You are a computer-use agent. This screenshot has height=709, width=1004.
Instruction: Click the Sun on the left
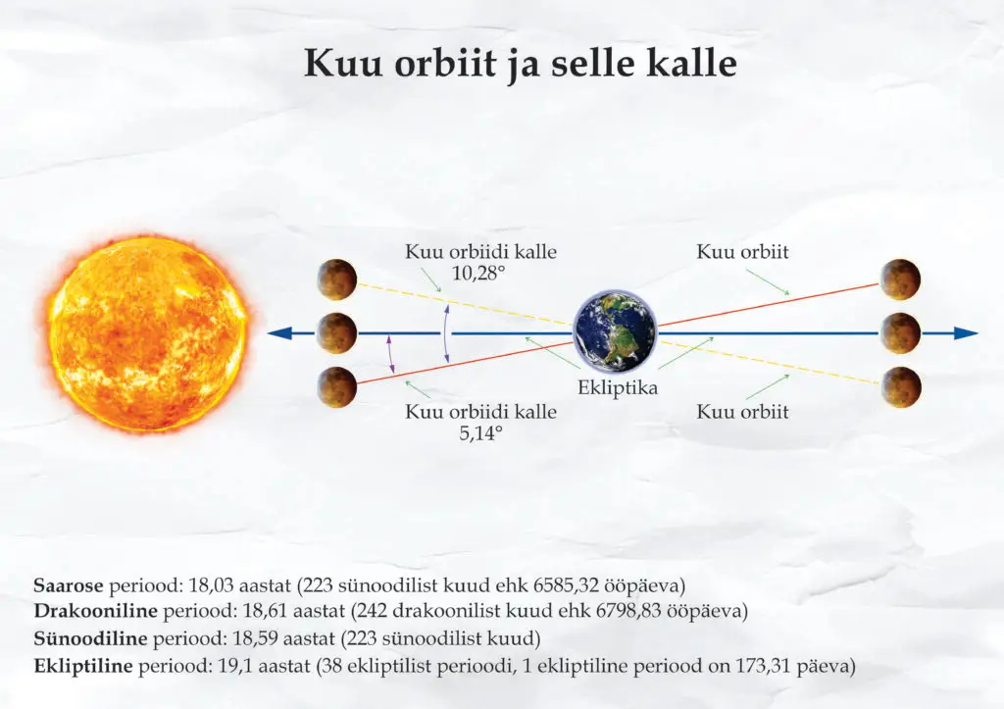149,332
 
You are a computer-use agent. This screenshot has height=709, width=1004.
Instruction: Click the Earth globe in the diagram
615,332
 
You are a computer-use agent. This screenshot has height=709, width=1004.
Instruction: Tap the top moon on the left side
337,279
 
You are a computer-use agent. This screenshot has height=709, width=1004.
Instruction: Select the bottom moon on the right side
900,386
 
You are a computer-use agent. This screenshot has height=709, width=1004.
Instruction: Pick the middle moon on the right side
900,333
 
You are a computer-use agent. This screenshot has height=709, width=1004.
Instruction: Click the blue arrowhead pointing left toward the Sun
279,333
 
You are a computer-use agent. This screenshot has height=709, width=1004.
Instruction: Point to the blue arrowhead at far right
966,333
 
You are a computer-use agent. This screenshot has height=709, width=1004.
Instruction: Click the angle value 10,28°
478,274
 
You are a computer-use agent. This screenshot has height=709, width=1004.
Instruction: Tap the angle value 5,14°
480,433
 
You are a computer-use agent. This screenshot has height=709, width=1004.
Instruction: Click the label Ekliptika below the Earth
618,388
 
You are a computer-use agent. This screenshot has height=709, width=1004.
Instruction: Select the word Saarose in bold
69,585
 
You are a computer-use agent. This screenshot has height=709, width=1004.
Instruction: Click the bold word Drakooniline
95,611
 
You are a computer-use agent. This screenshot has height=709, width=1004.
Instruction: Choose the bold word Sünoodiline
90,638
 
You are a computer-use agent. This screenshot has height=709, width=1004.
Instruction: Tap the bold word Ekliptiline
83,666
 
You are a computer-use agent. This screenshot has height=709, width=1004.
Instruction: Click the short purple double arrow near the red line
390,354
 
